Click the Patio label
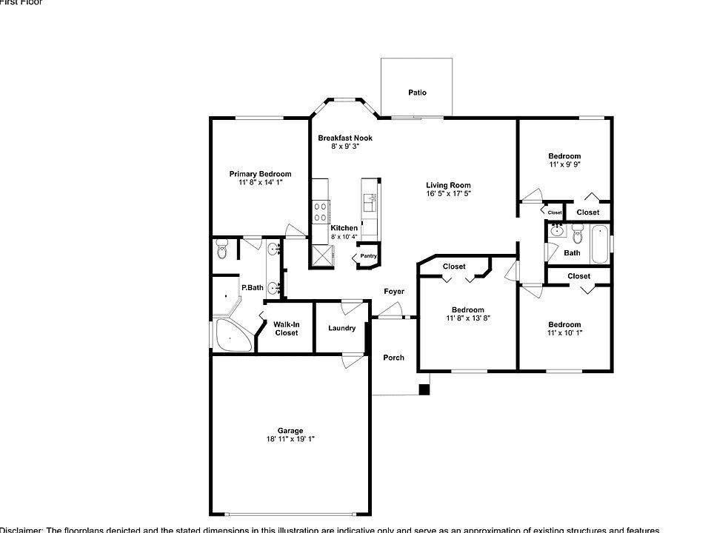[417, 93]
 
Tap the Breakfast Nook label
[345, 138]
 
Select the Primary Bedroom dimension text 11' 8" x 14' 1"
[260, 182]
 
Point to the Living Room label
[448, 185]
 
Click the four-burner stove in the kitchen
[321, 212]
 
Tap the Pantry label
[369, 257]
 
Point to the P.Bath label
[252, 287]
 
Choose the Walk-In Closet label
[287, 329]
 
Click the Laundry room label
[341, 328]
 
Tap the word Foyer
[394, 291]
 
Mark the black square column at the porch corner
[424, 389]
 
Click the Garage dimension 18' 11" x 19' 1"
[290, 439]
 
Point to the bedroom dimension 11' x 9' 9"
[564, 164]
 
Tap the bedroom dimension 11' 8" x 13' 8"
[468, 318]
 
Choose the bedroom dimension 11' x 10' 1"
[564, 332]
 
